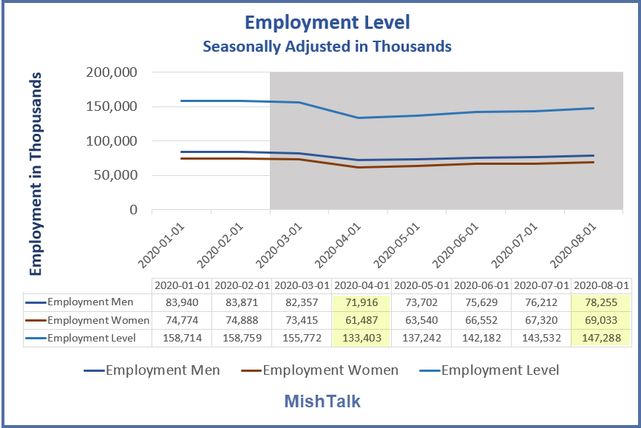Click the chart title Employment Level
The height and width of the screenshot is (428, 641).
coord(327,23)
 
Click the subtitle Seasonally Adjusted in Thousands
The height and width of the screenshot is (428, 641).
coord(327,46)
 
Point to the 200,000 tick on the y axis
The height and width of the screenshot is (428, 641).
coord(113,72)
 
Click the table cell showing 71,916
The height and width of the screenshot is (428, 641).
coord(362,302)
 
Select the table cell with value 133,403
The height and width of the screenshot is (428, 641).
coord(362,338)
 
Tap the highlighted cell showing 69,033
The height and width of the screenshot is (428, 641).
coord(601,320)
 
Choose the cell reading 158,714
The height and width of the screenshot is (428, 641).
coord(181,338)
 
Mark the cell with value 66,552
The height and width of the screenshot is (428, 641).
coord(481,320)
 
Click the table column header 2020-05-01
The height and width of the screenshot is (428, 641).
coord(421,285)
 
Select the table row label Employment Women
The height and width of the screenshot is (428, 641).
coord(98,320)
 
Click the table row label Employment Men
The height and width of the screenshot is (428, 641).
coord(91,302)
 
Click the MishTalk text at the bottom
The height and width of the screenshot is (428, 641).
coord(322,401)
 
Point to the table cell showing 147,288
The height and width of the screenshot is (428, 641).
coord(601,338)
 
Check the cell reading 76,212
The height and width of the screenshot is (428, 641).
coord(541,302)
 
